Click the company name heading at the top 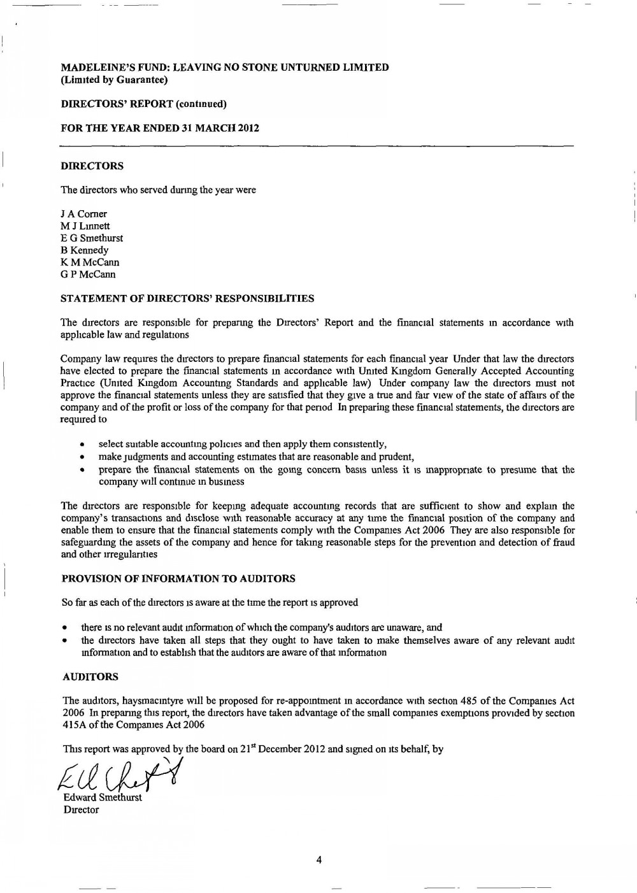[224, 68]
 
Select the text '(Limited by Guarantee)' [114, 80]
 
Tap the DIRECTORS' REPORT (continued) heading [143, 104]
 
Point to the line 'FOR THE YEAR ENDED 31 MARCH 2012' [159, 128]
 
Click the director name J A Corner [83, 214]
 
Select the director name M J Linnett [85, 226]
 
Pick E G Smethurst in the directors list [92, 238]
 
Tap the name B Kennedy [84, 250]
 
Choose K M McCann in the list [90, 262]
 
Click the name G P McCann [88, 275]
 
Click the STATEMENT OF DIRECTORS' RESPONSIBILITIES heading [187, 298]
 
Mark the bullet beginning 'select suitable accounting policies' [243, 444]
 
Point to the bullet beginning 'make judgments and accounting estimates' [256, 457]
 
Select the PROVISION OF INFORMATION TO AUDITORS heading [178, 579]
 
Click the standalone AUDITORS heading [89, 676]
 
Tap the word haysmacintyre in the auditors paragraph [129, 701]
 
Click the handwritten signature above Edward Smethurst [118, 776]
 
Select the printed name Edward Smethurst [103, 798]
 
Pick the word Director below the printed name [81, 810]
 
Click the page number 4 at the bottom [319, 860]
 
